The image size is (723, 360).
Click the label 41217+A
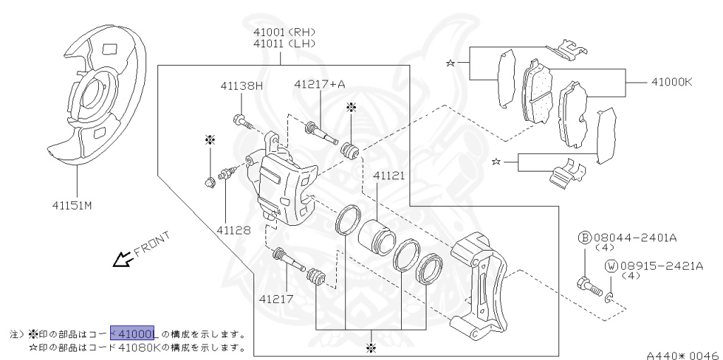coord(319,85)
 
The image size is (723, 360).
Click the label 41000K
coord(667,82)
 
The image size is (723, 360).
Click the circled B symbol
coord(584,238)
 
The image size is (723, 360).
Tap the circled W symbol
coord(611,266)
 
